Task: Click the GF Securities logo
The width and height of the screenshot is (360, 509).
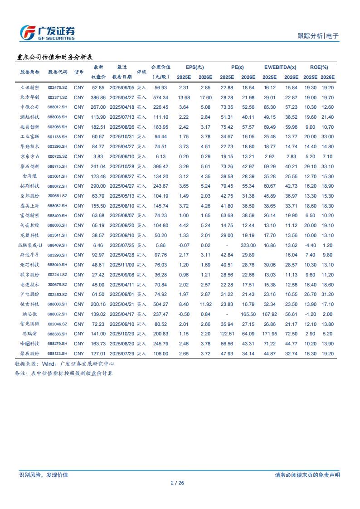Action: click(48, 33)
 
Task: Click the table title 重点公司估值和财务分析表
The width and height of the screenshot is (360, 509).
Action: click(54, 58)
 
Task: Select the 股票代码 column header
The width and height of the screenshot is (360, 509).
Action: click(58, 72)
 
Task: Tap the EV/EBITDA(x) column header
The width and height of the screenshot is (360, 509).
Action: click(280, 67)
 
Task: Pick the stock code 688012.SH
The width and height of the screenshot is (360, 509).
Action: click(58, 107)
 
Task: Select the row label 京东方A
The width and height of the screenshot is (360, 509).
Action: click(30, 156)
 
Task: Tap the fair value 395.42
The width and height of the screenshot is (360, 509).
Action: click(161, 166)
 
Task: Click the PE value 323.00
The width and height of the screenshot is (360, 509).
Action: click(248, 245)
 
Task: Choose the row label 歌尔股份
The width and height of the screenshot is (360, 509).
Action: click(30, 275)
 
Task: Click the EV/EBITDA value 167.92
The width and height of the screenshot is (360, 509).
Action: click(269, 314)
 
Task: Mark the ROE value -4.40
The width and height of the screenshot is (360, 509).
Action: click(310, 245)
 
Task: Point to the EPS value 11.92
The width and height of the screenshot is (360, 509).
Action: click(205, 304)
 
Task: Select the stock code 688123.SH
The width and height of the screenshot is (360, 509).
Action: click(58, 354)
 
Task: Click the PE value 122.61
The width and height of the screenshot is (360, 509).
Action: click(227, 334)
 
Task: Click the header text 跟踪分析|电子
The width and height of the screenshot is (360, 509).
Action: click(318, 36)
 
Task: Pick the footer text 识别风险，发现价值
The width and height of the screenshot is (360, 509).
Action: click(44, 475)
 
